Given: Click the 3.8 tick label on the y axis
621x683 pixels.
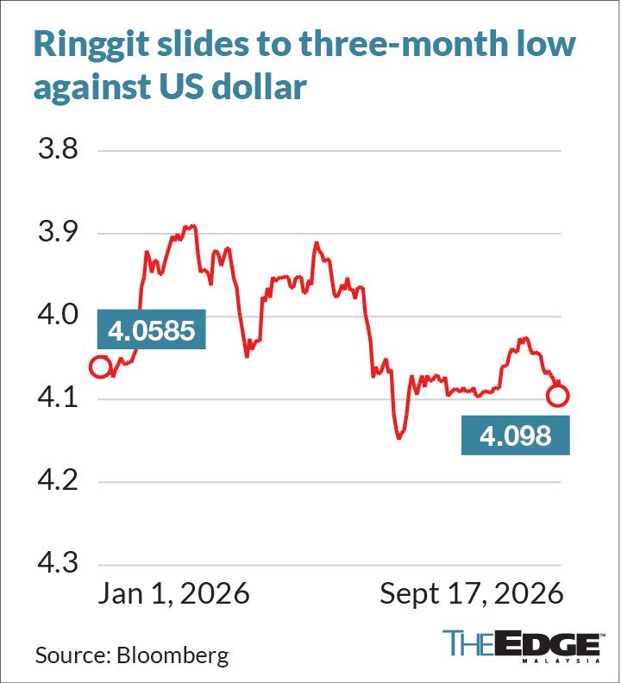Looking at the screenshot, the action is tap(58, 148).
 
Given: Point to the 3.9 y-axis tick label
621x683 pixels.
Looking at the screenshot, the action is tap(58, 232).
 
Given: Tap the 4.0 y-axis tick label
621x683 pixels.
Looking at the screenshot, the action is tap(58, 315).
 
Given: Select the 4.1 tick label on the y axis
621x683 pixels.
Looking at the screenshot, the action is tap(58, 398).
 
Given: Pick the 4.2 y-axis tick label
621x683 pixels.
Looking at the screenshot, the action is tap(58, 480).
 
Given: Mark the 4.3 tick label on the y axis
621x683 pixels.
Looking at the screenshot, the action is tap(58, 563).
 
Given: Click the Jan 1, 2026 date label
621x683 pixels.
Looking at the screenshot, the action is tap(173, 593).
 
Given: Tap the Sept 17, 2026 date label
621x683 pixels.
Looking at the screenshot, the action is tap(472, 593).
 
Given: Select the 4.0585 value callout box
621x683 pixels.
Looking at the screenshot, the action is tap(151, 329).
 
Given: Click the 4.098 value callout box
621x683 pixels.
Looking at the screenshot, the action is tap(516, 435).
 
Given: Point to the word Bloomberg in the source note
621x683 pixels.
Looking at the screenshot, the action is tap(173, 655).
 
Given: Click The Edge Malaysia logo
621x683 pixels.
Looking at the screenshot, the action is tap(522, 646).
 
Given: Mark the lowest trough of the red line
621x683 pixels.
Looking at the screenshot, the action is tap(398, 438).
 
